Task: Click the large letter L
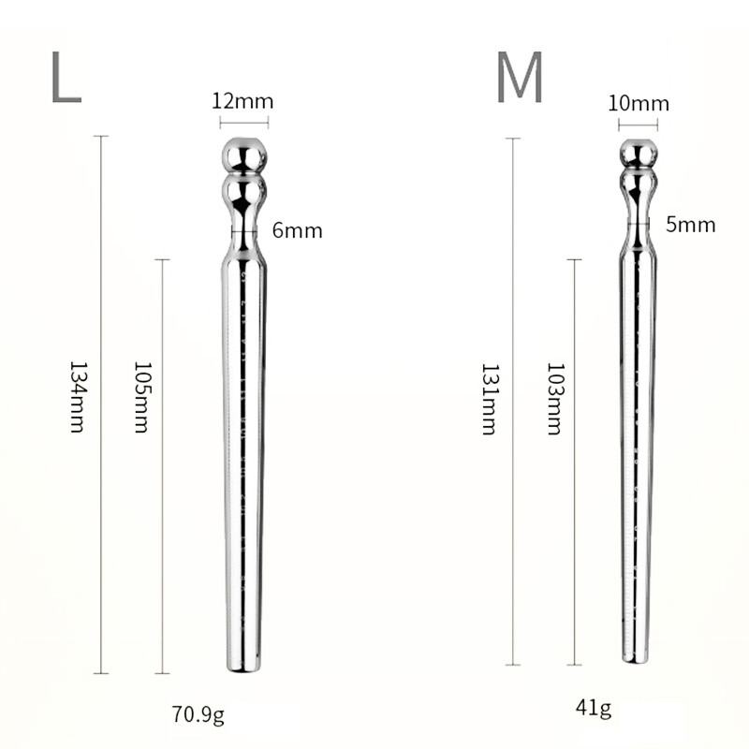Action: [x=66, y=79]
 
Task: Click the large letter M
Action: [x=520, y=79]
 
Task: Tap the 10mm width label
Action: [x=633, y=104]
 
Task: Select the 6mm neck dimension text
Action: [x=297, y=229]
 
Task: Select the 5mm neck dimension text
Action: [x=690, y=224]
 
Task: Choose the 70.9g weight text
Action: [x=198, y=717]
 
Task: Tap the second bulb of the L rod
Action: [x=243, y=195]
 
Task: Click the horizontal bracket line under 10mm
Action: [x=634, y=123]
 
